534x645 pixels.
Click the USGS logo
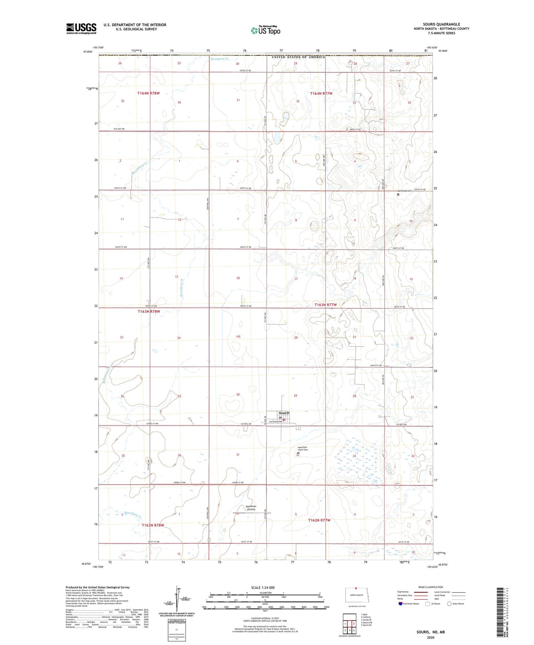81,28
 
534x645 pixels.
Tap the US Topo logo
265,30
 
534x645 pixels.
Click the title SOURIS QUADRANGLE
441,24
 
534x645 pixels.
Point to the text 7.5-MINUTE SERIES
441,33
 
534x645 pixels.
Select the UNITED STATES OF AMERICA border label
298,57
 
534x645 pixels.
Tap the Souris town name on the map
284,413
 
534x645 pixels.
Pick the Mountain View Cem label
303,448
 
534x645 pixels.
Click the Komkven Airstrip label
251,508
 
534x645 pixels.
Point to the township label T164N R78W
149,93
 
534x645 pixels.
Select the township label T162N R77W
319,520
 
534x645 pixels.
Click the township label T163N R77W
326,305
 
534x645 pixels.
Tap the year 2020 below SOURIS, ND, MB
431,637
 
